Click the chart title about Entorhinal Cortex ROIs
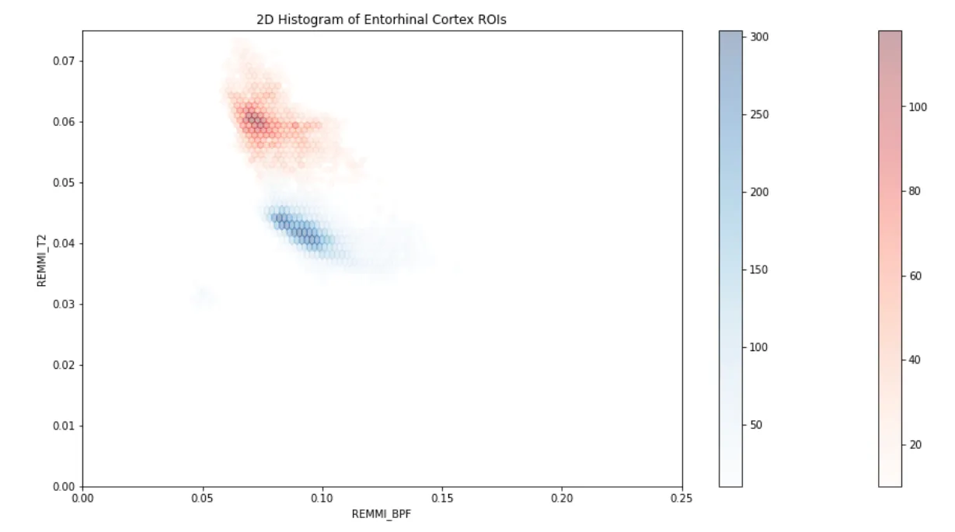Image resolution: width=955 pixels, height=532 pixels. pyautogui.click(x=381, y=19)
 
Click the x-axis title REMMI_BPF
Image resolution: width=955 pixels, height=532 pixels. pyautogui.click(x=382, y=513)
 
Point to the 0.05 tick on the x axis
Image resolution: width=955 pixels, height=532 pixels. pyautogui.click(x=202, y=498)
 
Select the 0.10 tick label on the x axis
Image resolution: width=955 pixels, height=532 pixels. pyautogui.click(x=322, y=498)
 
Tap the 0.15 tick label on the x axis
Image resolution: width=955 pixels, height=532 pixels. pyautogui.click(x=442, y=498)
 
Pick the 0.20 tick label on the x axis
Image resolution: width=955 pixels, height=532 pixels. pyautogui.click(x=562, y=498)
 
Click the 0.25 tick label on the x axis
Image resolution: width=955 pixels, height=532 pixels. pyautogui.click(x=681, y=498)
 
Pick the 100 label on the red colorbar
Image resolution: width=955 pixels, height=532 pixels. pyautogui.click(x=918, y=106)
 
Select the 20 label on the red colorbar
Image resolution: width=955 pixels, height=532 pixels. pyautogui.click(x=915, y=444)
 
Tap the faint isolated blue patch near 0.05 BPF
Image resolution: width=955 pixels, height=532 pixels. pyautogui.click(x=204, y=296)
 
